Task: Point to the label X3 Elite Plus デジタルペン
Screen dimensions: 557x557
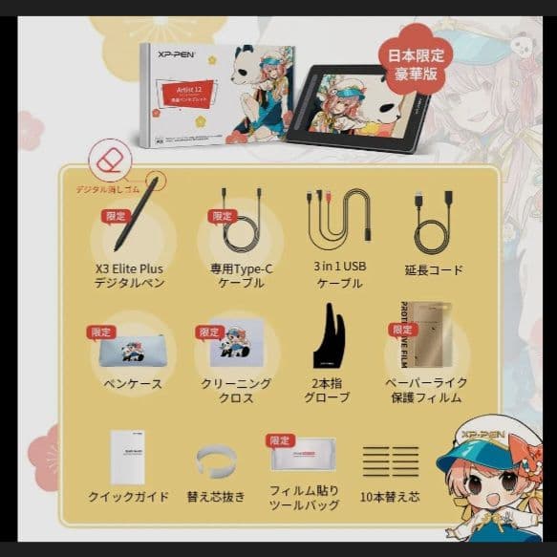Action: point(129,275)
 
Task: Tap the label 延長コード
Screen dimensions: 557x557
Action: point(433,270)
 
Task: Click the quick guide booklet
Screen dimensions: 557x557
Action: point(128,456)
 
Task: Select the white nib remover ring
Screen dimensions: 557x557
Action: point(216,461)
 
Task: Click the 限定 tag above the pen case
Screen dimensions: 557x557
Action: point(100,332)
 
